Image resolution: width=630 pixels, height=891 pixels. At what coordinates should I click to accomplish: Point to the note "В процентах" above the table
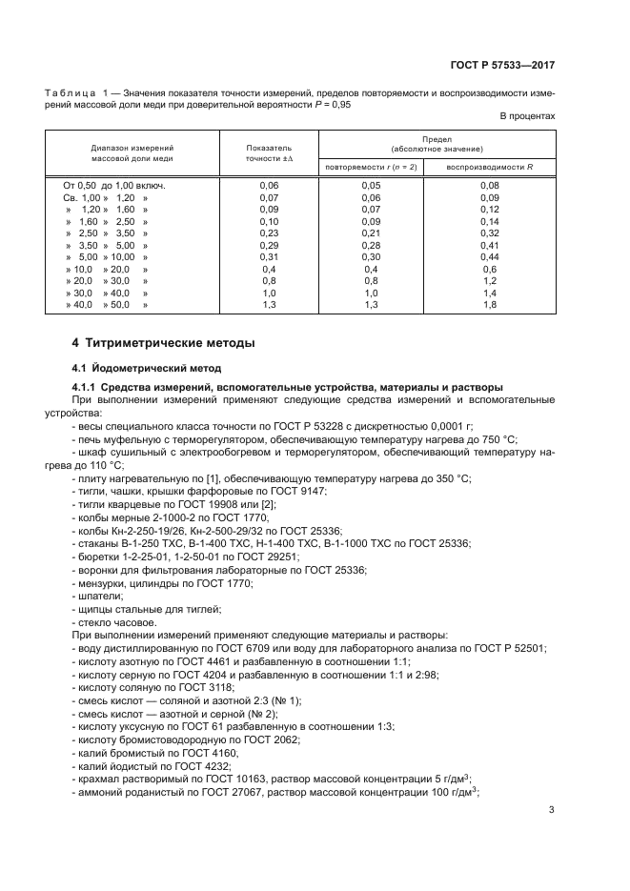tap(527, 116)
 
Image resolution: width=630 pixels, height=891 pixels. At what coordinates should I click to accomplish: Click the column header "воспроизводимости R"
tap(490, 167)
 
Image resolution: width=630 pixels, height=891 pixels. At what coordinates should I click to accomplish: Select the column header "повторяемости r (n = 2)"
tap(371, 167)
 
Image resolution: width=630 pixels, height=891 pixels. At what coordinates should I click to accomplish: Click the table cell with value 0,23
tap(269, 232)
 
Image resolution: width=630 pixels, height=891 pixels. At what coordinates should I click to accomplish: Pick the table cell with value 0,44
tap(490, 256)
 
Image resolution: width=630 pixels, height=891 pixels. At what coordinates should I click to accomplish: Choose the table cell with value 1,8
tap(490, 304)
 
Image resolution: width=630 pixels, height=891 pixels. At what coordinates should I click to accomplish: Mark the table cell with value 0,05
tap(371, 185)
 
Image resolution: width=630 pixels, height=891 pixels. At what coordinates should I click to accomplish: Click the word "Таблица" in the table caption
tap(71, 92)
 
